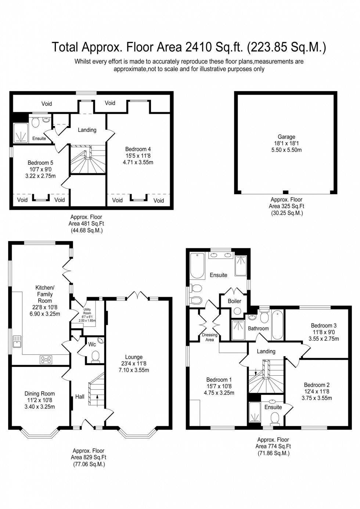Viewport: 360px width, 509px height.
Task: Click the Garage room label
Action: (x=286, y=137)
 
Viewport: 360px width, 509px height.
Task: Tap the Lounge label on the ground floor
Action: (x=134, y=357)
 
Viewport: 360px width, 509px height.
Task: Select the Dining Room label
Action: (x=40, y=394)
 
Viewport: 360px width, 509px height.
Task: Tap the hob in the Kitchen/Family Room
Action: (x=46, y=360)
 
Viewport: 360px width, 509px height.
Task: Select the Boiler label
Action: (x=234, y=301)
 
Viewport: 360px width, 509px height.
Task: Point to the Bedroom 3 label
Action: (x=324, y=325)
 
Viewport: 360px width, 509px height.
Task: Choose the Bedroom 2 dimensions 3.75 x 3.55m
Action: (x=317, y=398)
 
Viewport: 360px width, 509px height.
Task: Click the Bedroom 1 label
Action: (x=219, y=380)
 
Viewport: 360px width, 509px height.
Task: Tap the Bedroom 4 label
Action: (x=138, y=149)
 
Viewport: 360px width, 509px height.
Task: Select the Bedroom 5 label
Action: (x=40, y=163)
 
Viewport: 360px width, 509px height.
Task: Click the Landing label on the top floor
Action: (x=87, y=130)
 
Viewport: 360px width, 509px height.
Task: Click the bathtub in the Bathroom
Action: (x=277, y=325)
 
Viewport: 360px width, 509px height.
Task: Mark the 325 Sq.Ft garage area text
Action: (x=287, y=206)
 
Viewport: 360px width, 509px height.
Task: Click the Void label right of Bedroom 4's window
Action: (x=159, y=200)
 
